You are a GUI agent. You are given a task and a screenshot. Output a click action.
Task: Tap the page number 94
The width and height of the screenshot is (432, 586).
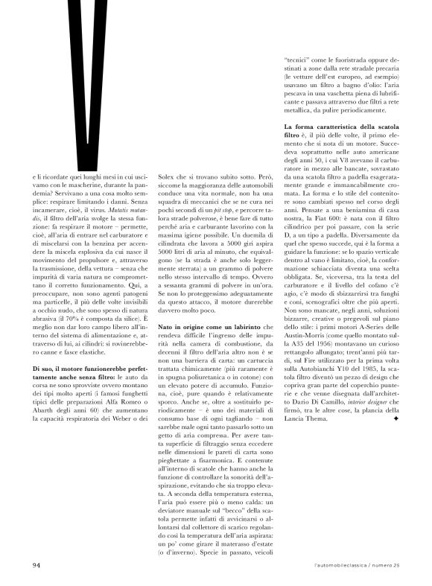coord(36,564)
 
